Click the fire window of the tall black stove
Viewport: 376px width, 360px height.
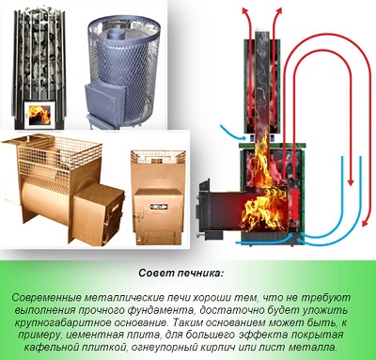(39, 115)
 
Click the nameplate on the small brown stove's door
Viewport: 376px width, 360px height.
(159, 206)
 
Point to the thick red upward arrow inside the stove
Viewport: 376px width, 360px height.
(295, 205)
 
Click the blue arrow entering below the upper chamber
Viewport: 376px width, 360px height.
(233, 133)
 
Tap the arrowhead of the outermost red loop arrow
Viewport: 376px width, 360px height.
(364, 222)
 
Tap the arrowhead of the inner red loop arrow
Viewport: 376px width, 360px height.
(351, 181)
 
